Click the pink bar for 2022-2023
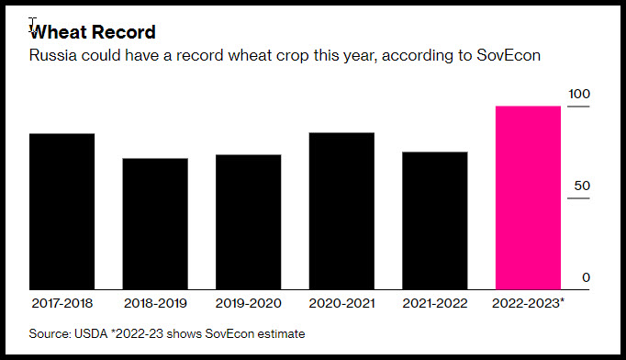pos(528,197)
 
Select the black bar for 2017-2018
pos(61,211)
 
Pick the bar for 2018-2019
pos(155,224)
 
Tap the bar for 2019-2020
pos(249,221)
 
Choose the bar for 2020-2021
pos(341,211)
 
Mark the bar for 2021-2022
pos(435,220)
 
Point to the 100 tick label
pos(579,94)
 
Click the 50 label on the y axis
pos(582,186)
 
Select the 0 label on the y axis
pos(586,277)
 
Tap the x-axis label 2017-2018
pos(61,303)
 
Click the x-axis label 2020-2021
pos(341,303)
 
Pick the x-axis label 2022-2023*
pos(528,303)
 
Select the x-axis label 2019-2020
pos(249,303)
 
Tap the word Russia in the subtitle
pos(52,55)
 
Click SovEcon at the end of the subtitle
pos(509,55)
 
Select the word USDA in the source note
pos(91,333)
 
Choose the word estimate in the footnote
pos(281,333)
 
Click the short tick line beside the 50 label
pos(578,198)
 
